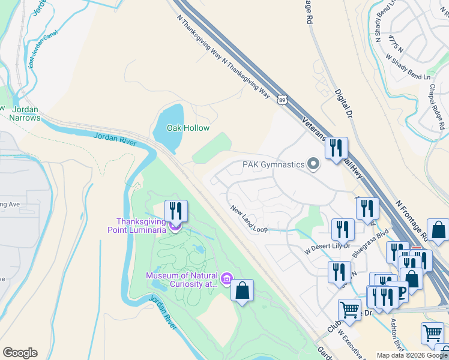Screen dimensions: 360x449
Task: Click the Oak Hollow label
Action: click(x=188, y=128)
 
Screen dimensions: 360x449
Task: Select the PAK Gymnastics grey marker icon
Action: click(x=313, y=164)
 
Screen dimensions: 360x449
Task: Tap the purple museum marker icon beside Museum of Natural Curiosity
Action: click(x=226, y=279)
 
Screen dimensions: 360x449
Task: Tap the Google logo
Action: click(x=20, y=353)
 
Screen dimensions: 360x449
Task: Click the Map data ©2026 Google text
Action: click(x=412, y=355)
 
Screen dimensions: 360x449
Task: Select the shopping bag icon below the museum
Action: click(x=242, y=291)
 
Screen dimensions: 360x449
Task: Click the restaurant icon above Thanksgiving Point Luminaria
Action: click(x=176, y=211)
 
